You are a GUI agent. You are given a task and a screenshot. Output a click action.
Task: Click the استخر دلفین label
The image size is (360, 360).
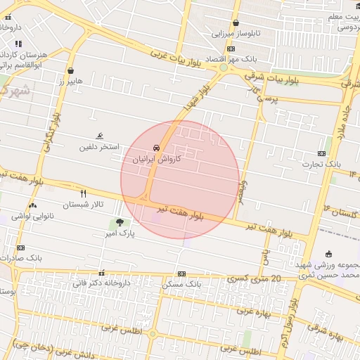pos(100,147)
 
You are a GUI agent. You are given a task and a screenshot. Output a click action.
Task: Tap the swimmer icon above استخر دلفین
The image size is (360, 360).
pos(100,136)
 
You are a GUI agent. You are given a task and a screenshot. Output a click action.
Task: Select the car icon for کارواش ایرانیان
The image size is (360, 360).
pos(156,148)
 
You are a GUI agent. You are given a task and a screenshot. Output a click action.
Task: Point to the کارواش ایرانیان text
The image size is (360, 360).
pos(157,160)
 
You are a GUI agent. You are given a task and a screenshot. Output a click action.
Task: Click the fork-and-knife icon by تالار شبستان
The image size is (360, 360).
pos(83,193)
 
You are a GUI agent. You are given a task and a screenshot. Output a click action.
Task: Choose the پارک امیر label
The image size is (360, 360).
pos(118,232)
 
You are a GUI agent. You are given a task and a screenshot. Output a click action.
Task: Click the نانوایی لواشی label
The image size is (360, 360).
pos(34,217)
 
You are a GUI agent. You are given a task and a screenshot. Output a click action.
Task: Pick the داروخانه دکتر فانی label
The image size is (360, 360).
pos(101,283)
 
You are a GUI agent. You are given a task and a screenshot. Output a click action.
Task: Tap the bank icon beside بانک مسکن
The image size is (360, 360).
pos(181,274)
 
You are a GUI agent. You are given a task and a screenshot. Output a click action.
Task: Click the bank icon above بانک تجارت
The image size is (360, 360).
pos(321,153)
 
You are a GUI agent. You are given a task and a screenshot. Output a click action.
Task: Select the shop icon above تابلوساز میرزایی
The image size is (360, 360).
pos(236,23)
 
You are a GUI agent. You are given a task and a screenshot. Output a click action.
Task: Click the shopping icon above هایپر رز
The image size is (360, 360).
pos(70,71)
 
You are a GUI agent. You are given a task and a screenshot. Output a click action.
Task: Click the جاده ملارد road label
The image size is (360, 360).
pos(344,120)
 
